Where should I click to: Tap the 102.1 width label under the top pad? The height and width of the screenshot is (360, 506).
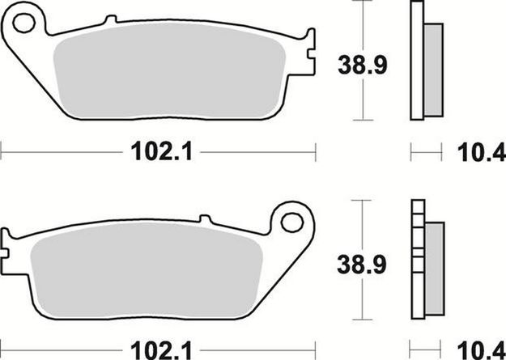click(x=159, y=151)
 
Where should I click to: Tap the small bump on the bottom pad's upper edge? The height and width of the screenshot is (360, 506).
click(x=204, y=219)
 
